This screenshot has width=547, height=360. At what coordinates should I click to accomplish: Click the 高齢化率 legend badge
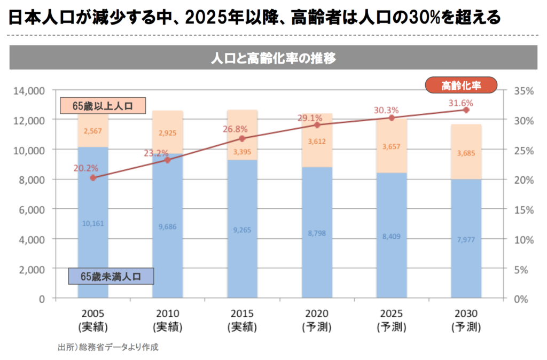(460, 84)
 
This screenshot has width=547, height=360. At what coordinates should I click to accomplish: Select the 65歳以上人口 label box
(103, 105)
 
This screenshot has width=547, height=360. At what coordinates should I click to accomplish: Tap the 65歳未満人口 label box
(111, 276)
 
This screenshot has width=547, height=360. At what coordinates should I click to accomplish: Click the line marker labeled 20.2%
(93, 178)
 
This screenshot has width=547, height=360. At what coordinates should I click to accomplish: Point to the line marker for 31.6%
(466, 110)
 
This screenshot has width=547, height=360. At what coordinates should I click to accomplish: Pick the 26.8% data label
(236, 129)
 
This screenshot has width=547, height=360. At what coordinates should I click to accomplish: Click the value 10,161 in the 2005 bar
(93, 223)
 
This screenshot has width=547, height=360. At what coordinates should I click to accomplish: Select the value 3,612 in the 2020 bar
(317, 142)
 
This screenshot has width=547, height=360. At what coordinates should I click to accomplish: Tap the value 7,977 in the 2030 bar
(466, 239)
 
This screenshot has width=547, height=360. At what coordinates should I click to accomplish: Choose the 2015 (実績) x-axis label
(242, 319)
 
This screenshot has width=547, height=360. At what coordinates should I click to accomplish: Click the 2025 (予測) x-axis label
(391, 319)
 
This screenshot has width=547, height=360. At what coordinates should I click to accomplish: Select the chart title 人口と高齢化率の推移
(273, 58)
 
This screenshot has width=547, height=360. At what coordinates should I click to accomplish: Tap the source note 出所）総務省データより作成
(108, 347)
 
